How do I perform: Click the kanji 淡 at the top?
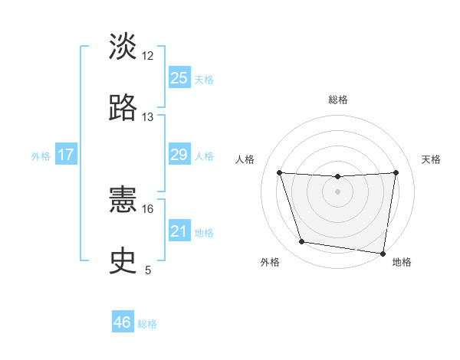point(123,47)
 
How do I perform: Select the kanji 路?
point(123,108)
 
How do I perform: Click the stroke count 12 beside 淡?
point(148,56)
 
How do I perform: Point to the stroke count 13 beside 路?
point(148,117)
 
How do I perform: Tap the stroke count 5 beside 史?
point(148,270)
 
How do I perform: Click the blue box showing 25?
point(179,78)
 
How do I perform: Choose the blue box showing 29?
point(179,155)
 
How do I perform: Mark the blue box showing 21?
point(179,231)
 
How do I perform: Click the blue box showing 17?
point(66,155)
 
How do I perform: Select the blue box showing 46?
point(123,322)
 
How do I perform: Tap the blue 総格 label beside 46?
point(147,324)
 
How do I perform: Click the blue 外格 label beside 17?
point(41,156)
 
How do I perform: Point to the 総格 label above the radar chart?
point(337,100)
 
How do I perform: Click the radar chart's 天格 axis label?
point(432,159)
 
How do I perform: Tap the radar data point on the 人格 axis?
point(279,172)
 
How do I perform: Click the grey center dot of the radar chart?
point(337,191)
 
